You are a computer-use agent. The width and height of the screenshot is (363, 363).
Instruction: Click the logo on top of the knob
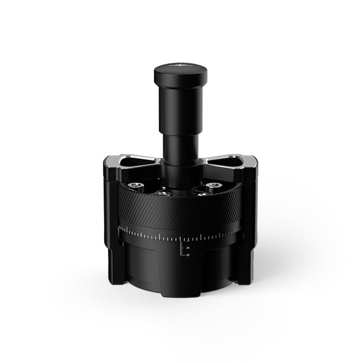pyautogui.click(x=178, y=66)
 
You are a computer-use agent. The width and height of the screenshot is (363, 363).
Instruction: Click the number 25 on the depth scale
pyautogui.click(x=187, y=248)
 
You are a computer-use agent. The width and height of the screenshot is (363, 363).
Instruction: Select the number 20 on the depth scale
pyautogui.click(x=187, y=255)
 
